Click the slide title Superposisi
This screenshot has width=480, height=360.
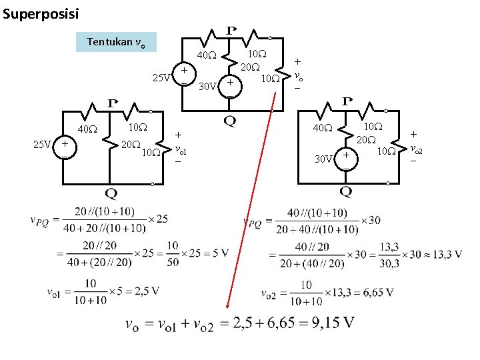click(x=40, y=13)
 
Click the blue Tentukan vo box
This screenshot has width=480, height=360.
click(x=117, y=42)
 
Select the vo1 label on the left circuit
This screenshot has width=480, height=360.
click(x=180, y=150)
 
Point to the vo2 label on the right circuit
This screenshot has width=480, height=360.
click(x=417, y=149)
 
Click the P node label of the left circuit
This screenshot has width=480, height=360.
click(x=112, y=104)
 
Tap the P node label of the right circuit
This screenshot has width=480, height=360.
click(x=347, y=101)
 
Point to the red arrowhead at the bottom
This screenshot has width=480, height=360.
click(x=227, y=306)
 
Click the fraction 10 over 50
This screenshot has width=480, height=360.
click(x=173, y=254)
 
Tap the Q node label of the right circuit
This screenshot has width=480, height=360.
click(x=346, y=193)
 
